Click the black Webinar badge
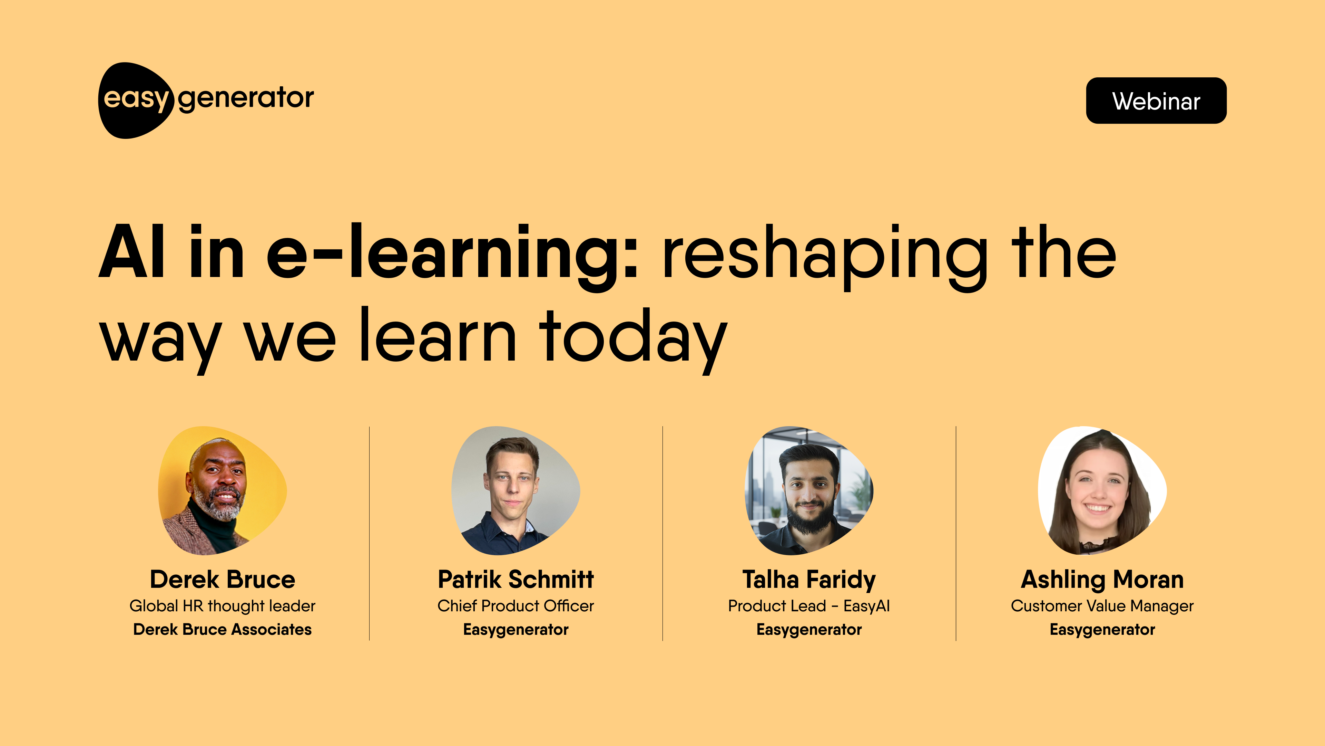1156,101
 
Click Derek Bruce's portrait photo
222,490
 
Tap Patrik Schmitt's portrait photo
516,490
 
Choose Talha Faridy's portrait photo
808,490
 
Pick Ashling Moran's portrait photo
1102,490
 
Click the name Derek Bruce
222,579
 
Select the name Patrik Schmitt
516,579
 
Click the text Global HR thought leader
222,606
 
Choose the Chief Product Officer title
516,606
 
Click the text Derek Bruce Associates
222,629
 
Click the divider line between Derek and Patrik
369,533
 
